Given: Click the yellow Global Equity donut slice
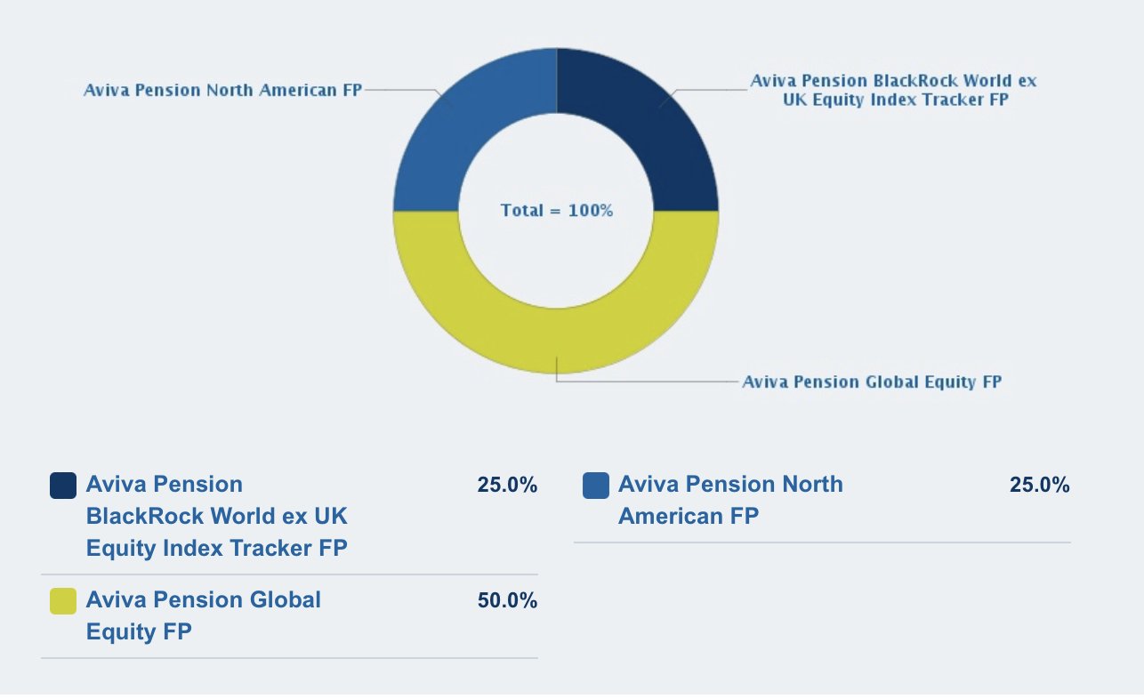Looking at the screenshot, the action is [556, 341].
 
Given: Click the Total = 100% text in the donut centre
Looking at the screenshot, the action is [557, 211].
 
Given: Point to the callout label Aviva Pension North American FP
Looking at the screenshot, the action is [222, 91].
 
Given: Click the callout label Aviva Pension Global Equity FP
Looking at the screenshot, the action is [872, 382].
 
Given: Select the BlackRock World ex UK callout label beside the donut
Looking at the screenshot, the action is [894, 91].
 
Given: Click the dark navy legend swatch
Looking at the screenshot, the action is [63, 485].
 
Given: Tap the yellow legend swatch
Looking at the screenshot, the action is [63, 600].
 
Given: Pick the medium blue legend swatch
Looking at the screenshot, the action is [595, 485].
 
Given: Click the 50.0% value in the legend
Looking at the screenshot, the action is [507, 600].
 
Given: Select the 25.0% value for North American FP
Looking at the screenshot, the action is [1039, 485].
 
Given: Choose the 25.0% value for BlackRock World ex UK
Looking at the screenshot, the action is [507, 485].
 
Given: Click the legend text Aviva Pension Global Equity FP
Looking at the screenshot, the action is [203, 615].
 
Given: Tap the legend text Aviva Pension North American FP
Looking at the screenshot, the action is [730, 501].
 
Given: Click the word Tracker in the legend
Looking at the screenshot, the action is [270, 549].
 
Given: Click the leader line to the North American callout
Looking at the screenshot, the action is [404, 91].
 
